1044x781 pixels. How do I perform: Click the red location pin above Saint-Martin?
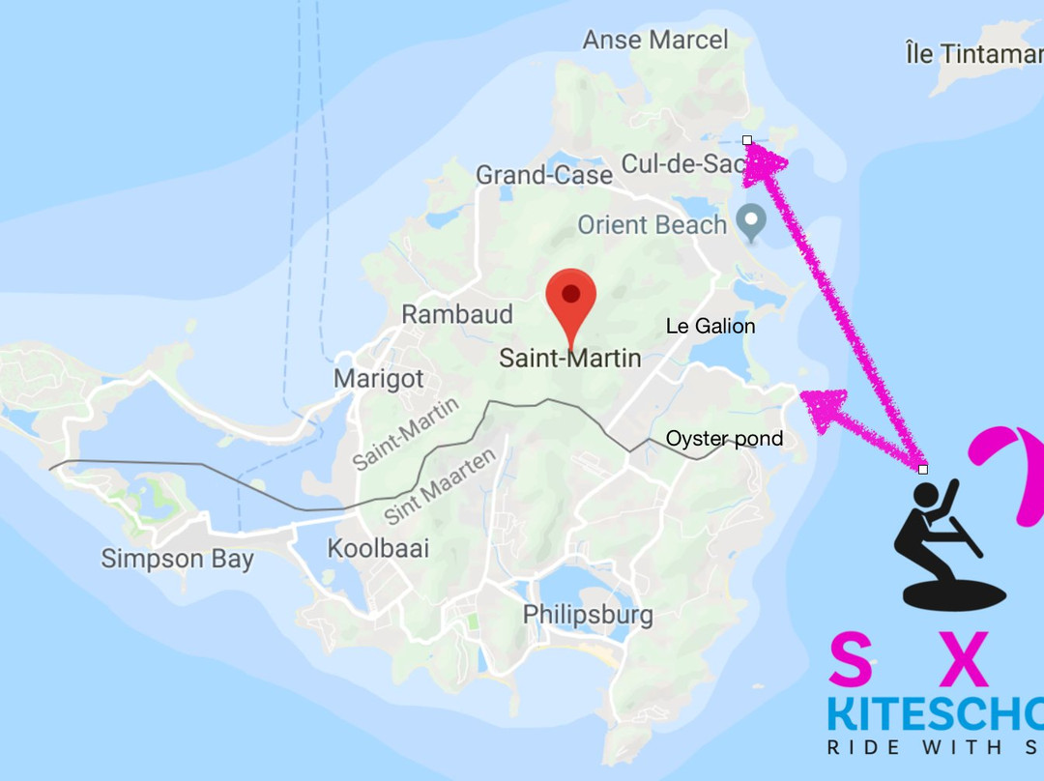pyautogui.click(x=570, y=299)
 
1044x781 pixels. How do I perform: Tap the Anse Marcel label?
pyautogui.click(x=654, y=40)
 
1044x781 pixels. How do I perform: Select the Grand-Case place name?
pyautogui.click(x=544, y=175)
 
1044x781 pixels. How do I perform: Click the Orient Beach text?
pyautogui.click(x=652, y=225)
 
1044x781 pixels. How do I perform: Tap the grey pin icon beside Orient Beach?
pyautogui.click(x=750, y=222)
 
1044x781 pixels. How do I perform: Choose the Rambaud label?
pyautogui.click(x=456, y=314)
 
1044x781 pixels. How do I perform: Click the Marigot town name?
pyautogui.click(x=379, y=378)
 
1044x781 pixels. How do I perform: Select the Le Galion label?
pyautogui.click(x=710, y=326)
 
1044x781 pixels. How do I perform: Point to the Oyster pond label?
pyautogui.click(x=724, y=439)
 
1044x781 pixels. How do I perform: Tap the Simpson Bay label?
pyautogui.click(x=178, y=559)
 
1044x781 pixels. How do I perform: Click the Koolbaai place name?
pyautogui.click(x=378, y=549)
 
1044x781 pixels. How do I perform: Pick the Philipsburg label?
pyautogui.click(x=588, y=614)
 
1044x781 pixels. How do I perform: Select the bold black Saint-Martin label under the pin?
pyautogui.click(x=569, y=359)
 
